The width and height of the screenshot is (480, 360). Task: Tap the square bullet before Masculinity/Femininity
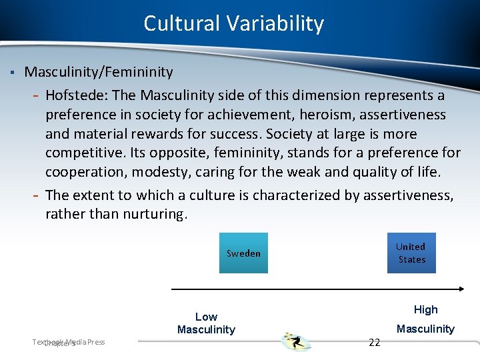13,71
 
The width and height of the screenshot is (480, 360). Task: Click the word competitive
79,153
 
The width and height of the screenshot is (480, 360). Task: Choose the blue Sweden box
243,253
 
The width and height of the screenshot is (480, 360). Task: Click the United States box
411,253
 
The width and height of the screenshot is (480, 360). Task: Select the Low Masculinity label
206,323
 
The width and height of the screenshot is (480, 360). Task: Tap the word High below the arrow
425,309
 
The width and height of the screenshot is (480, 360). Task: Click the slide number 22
375,342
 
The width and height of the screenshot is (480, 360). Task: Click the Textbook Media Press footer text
69,342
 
